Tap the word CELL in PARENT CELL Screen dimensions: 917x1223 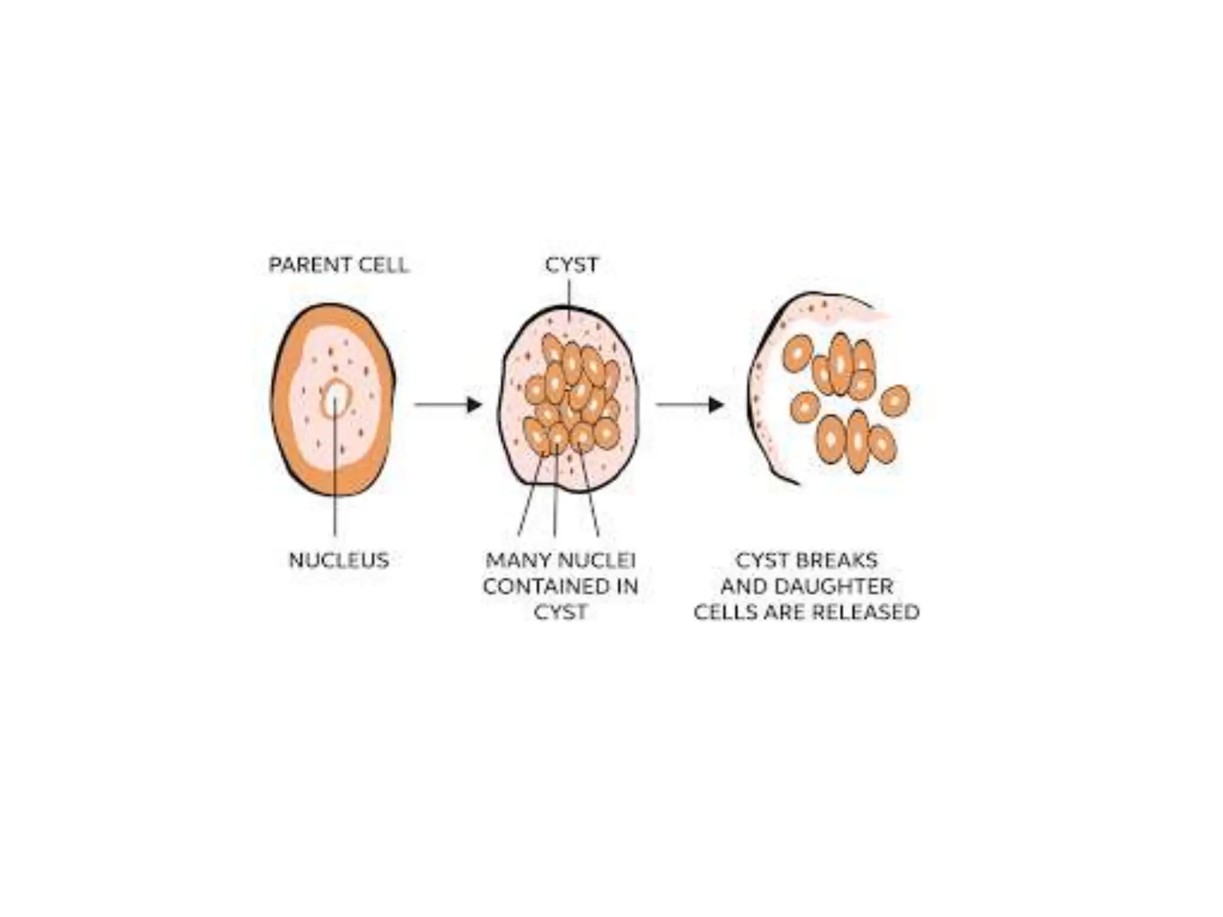[x=380, y=264]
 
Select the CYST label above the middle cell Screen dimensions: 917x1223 [x=571, y=264]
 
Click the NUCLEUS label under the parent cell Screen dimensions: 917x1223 [x=339, y=560]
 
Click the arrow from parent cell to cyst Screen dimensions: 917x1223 [x=448, y=405]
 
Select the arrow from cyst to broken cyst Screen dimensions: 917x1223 [x=690, y=405]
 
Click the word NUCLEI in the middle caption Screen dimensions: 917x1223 [x=597, y=560]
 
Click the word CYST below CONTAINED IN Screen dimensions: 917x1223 [x=560, y=613]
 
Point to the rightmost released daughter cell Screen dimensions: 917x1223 [x=894, y=401]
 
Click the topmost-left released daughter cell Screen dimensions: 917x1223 [x=797, y=353]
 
